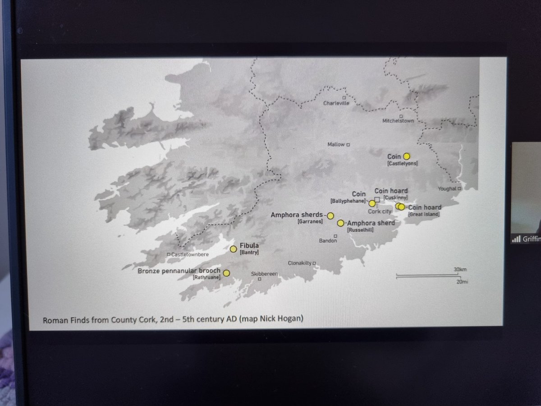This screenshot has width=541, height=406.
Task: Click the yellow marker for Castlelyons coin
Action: click(x=406, y=156)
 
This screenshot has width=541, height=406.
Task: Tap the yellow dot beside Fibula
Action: click(x=233, y=249)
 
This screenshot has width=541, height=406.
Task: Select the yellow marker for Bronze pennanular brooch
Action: click(x=226, y=273)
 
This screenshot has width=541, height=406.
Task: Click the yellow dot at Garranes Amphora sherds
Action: click(x=330, y=216)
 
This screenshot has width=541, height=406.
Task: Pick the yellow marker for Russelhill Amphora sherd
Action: click(x=340, y=223)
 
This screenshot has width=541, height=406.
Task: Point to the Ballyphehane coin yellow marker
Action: click(x=371, y=203)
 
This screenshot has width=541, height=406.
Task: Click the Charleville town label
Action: click(x=336, y=103)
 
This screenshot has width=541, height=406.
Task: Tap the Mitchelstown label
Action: click(x=397, y=121)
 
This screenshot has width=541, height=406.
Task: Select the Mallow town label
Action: click(x=336, y=144)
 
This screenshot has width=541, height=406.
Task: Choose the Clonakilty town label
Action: click(x=300, y=263)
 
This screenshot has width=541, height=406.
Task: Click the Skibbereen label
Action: click(x=264, y=274)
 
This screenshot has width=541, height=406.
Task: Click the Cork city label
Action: click(x=380, y=211)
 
